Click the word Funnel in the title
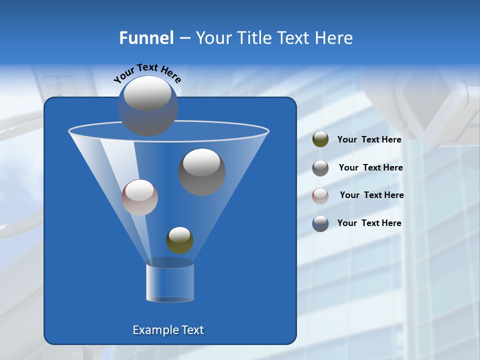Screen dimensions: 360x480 tap(146, 38)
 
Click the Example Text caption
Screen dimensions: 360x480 tap(168, 330)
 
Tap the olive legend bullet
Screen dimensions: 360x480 tap(320, 139)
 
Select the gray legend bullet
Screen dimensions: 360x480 tap(320, 168)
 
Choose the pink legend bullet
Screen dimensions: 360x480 tap(320, 195)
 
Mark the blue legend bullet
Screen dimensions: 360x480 tap(320, 223)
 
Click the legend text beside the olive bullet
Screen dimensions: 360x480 tap(369, 140)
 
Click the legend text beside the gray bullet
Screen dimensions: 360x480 tap(370, 168)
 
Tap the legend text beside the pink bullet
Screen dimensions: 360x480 tap(371, 195)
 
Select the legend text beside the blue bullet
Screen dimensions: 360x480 tap(369, 223)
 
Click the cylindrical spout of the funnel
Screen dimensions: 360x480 tap(170, 283)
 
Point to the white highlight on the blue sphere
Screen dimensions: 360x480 tap(147, 93)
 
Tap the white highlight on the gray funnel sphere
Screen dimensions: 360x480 tap(202, 162)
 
